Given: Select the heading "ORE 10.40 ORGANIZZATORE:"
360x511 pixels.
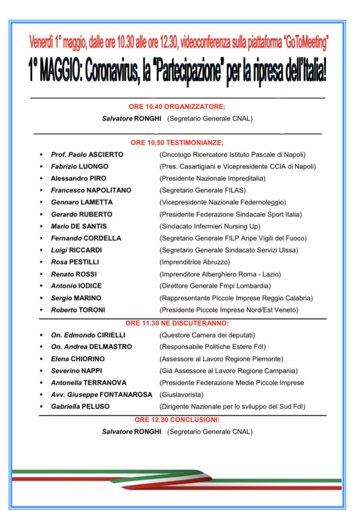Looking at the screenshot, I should click(177, 107).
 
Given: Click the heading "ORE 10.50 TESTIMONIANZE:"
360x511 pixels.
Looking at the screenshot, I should click(177, 143).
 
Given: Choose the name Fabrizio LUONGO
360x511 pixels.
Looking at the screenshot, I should click(79, 167).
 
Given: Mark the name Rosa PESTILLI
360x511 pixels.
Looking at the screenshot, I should click(75, 262).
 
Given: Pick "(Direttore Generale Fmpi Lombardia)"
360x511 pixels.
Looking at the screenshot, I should click(215, 286).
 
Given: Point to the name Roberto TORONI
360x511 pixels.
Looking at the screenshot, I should click(78, 310).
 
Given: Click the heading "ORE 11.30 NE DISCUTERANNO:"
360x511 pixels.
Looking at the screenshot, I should click(177, 323).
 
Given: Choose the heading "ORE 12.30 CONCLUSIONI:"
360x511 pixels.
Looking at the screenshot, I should click(177, 420).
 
